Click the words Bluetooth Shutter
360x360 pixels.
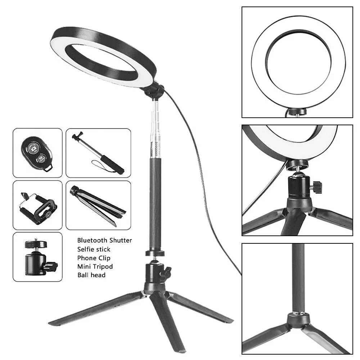[x=104, y=240]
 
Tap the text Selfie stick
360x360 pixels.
[x=94, y=249]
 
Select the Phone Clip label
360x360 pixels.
[x=94, y=258]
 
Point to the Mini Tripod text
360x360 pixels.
[x=95, y=266]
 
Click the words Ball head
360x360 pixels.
[x=91, y=275]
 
